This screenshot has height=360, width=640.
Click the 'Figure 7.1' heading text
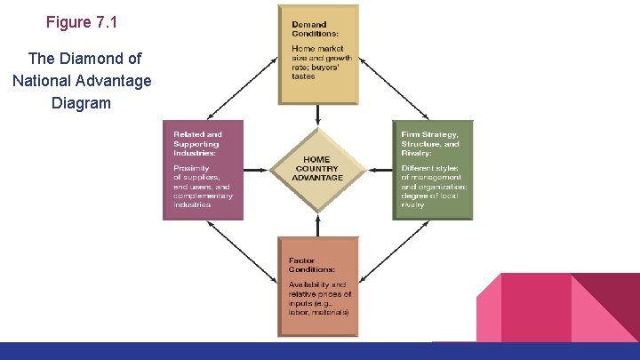click(81, 22)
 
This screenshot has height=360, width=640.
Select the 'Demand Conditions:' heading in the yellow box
click(309, 29)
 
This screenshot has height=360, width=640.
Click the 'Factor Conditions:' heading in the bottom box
click(311, 265)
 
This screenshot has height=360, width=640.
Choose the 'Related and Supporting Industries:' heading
click(197, 143)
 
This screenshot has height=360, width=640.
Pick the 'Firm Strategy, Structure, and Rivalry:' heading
click(430, 143)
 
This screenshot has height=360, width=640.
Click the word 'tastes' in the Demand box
click(303, 76)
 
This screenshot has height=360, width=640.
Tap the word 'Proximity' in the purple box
click(191, 168)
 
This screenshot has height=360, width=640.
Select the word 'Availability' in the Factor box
click(308, 284)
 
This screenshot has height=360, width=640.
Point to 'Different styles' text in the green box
click(430, 168)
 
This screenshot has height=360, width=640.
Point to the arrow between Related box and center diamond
click(257, 168)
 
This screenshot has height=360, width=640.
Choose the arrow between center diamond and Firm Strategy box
click(379, 168)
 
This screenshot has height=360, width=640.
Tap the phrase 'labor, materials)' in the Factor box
click(318, 312)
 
